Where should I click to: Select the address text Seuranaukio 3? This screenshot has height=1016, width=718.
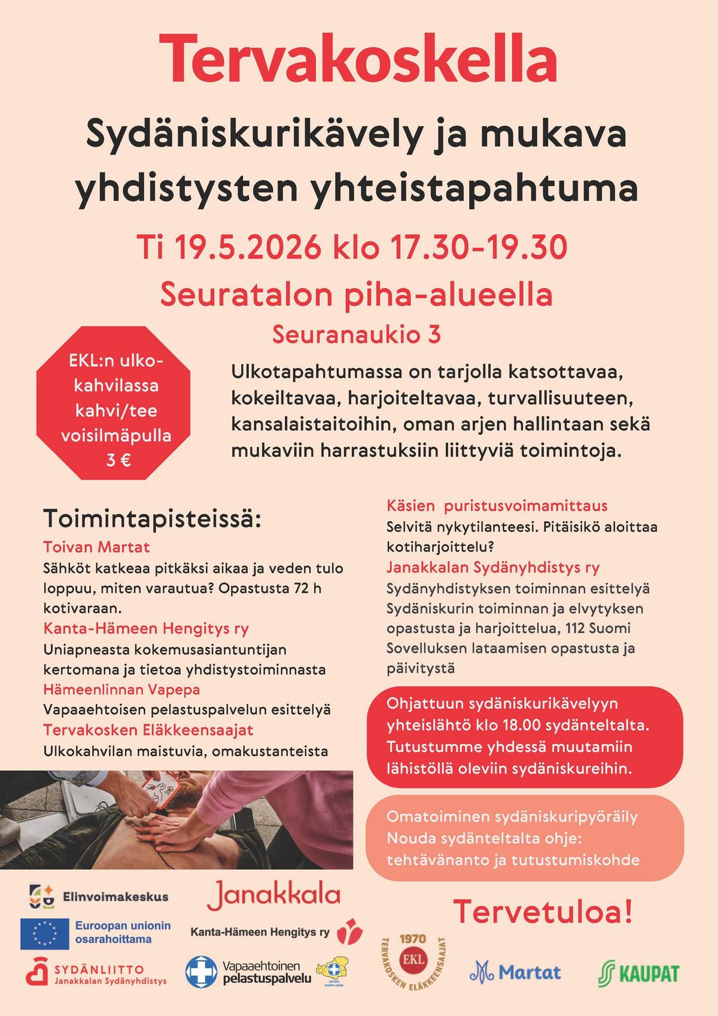(x=357, y=335)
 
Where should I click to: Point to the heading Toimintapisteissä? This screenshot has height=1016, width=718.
(x=153, y=518)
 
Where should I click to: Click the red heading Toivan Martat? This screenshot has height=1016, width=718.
(x=96, y=547)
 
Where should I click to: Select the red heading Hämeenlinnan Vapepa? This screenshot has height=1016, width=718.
(x=121, y=689)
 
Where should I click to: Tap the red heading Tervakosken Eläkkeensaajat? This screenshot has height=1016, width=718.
(x=148, y=730)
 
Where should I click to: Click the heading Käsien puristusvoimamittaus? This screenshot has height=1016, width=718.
(x=497, y=506)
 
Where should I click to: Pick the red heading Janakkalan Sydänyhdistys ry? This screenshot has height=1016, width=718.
(x=493, y=567)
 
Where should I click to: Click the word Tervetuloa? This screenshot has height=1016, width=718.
(x=543, y=911)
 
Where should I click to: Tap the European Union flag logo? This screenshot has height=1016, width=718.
(x=45, y=934)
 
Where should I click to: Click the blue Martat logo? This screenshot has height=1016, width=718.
(x=515, y=972)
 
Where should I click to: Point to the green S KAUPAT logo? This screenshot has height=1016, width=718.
(x=638, y=973)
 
